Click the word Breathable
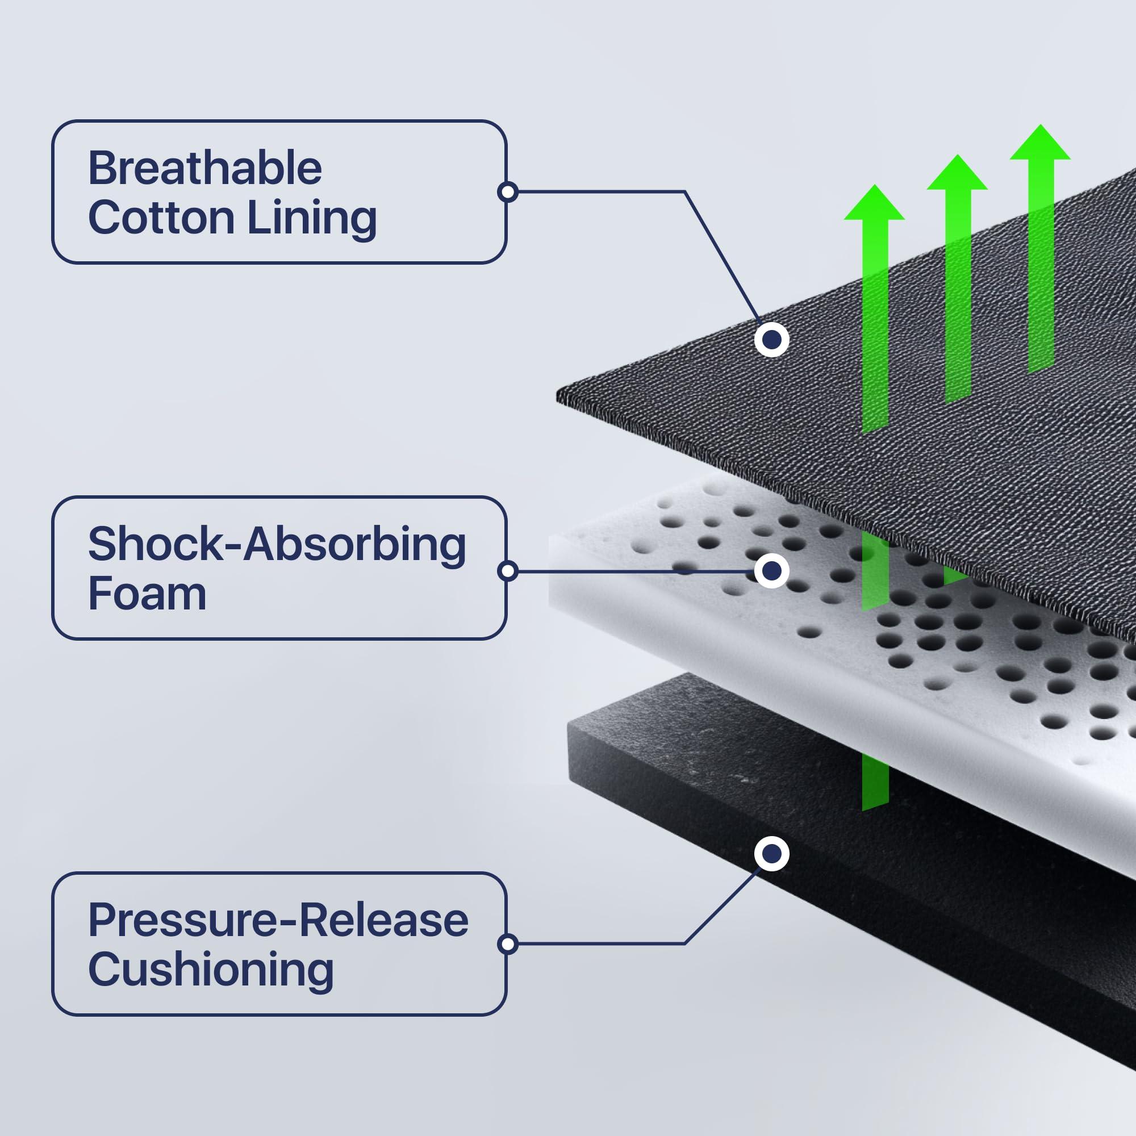[204, 169]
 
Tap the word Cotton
[161, 218]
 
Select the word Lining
[312, 218]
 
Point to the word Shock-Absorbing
[277, 545]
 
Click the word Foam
[147, 594]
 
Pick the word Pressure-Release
[278, 920]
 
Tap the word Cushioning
[211, 970]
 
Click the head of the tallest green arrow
[1039, 144]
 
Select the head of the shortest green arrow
[874, 204]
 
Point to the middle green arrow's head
[957, 174]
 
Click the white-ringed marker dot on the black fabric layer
[771, 339]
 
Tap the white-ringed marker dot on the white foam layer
[771, 570]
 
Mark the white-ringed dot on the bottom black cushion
[771, 853]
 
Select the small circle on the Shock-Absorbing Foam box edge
[507, 571]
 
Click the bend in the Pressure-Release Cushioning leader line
[685, 943]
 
